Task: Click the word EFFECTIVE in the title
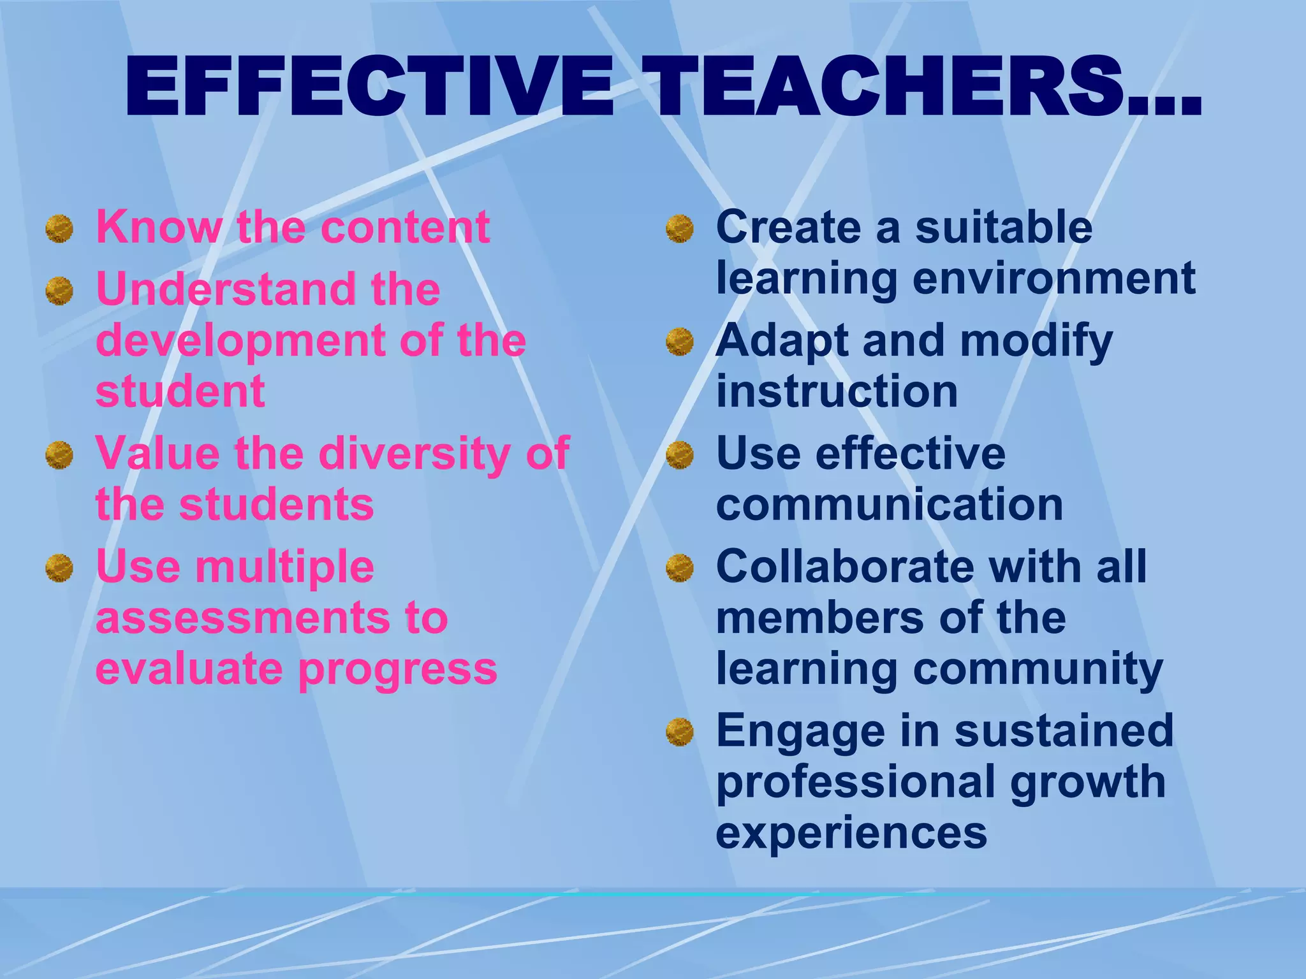click(369, 88)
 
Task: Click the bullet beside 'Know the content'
click(59, 228)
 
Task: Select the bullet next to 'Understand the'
click(59, 291)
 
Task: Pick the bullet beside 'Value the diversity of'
click(59, 455)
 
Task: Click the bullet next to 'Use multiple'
click(59, 568)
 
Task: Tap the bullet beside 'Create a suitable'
click(680, 228)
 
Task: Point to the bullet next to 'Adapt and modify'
click(680, 342)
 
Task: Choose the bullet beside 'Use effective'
click(680, 455)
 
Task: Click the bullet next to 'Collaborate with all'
click(680, 568)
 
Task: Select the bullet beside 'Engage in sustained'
click(680, 732)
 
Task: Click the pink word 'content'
click(406, 228)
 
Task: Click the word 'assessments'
click(242, 619)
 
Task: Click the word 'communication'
click(890, 505)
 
